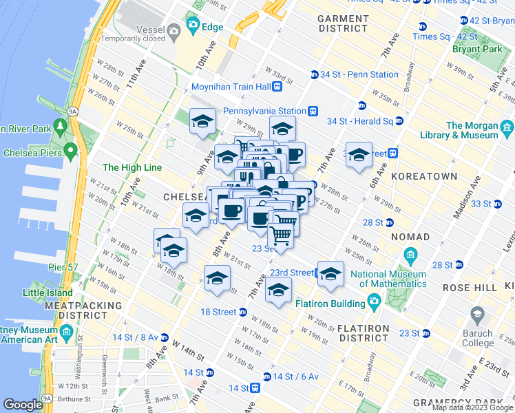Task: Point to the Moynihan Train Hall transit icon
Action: pyautogui.click(x=277, y=87)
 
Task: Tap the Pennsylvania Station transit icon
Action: pyautogui.click(x=313, y=110)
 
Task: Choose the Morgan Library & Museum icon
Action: pyautogui.click(x=507, y=127)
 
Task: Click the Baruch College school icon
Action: pyautogui.click(x=477, y=315)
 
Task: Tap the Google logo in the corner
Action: pyautogui.click(x=23, y=405)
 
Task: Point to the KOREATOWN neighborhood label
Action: pyautogui.click(x=424, y=177)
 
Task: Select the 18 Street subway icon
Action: pyautogui.click(x=242, y=312)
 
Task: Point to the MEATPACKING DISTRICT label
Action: pyautogui.click(x=90, y=310)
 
